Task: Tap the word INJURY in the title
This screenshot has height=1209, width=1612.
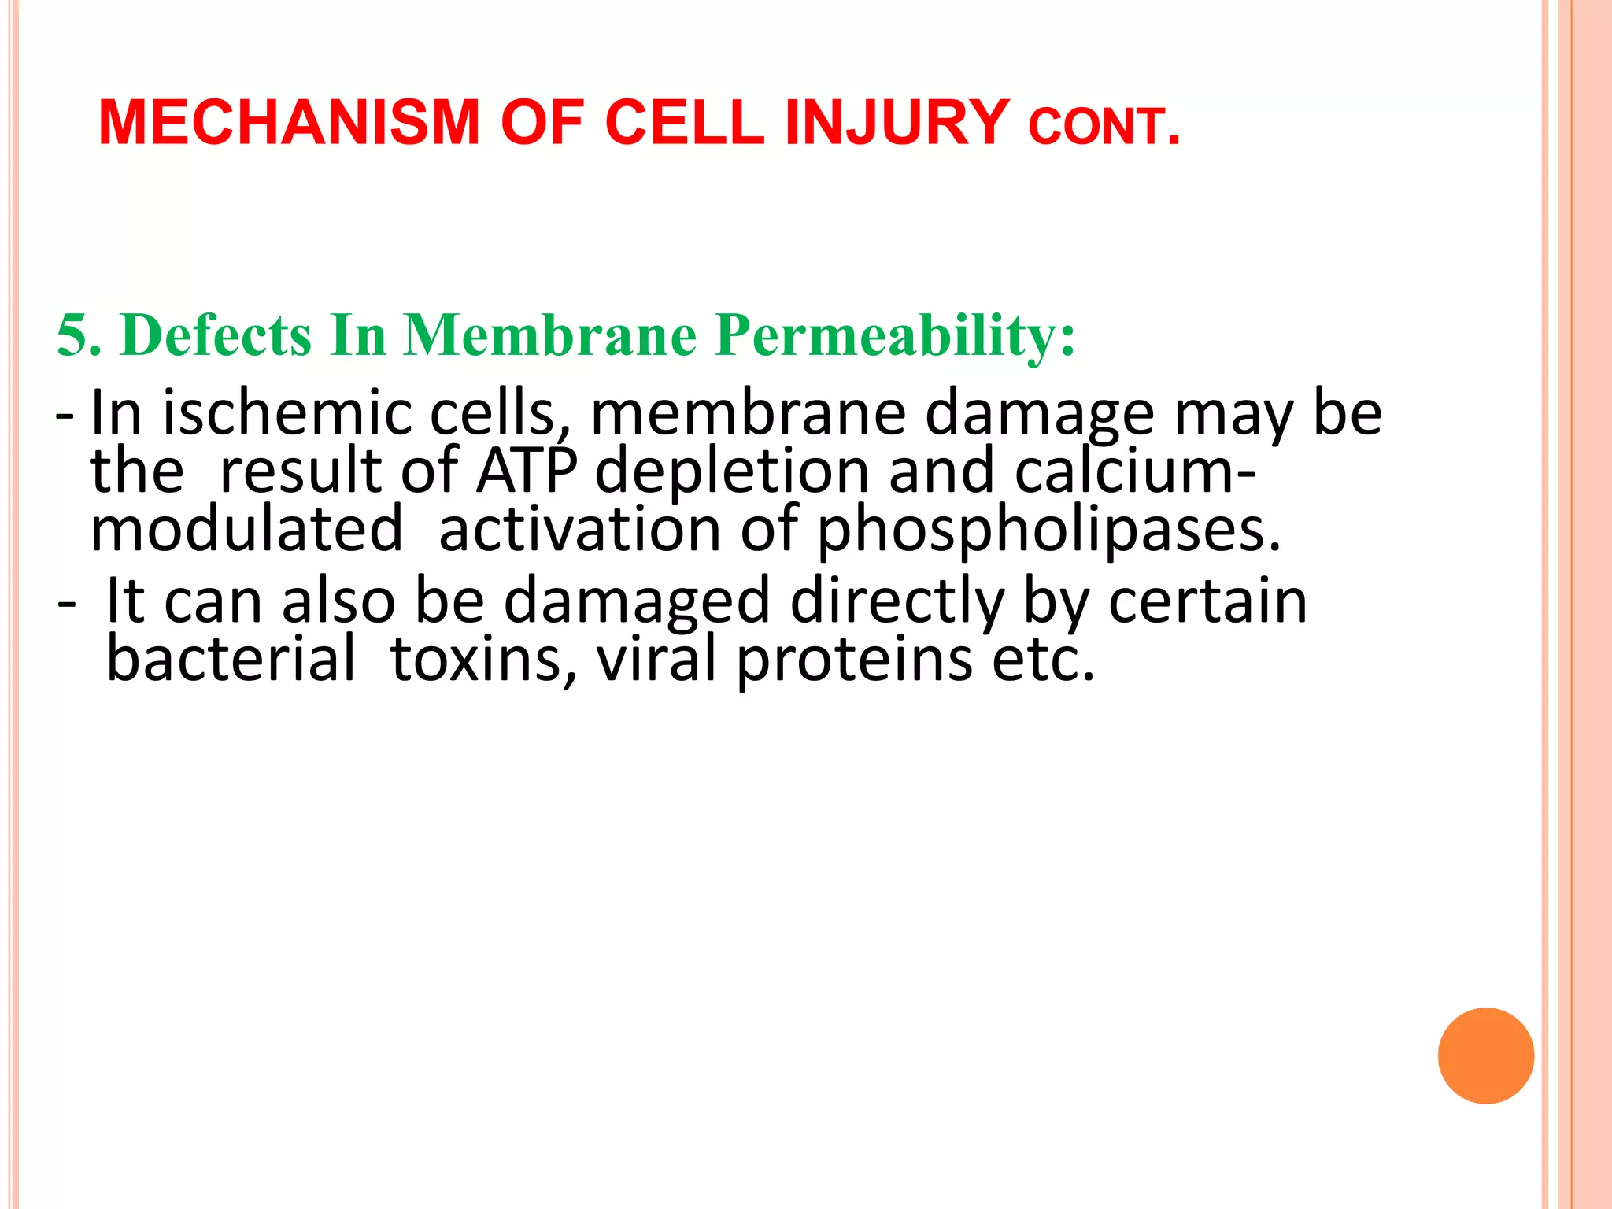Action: pyautogui.click(x=897, y=124)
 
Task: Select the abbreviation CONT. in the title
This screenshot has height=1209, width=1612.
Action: pyautogui.click(x=1104, y=128)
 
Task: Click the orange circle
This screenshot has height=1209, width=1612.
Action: pyautogui.click(x=1485, y=1056)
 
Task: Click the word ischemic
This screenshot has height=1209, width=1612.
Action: pyautogui.click(x=287, y=413)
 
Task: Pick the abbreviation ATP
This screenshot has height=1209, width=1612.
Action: pyautogui.click(x=527, y=471)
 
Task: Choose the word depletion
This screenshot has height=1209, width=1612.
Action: pyautogui.click(x=732, y=471)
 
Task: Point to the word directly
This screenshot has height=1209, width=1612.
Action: pyautogui.click(x=897, y=601)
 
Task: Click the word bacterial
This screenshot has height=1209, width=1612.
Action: pyautogui.click(x=231, y=659)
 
